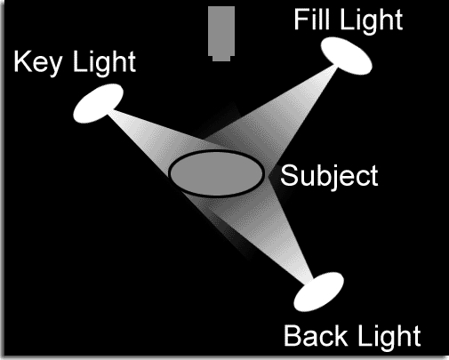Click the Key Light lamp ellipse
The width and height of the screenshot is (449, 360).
(x=98, y=103)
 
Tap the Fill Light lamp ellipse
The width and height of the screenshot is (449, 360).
(x=347, y=56)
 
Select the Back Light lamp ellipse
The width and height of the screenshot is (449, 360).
(x=318, y=292)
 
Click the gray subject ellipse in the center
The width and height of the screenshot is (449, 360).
(x=216, y=173)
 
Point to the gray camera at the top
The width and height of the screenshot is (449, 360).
(x=221, y=34)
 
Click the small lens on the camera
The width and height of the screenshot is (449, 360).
(x=221, y=59)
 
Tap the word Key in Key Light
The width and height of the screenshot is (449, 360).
(x=38, y=63)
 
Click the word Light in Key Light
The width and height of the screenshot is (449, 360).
(x=104, y=61)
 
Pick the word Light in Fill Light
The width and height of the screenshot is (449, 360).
(x=372, y=20)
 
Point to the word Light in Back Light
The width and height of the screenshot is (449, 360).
(x=389, y=337)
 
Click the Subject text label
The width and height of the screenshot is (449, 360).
(x=329, y=176)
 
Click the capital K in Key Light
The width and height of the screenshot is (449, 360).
(x=22, y=61)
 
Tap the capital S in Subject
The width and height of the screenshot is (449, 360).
(x=289, y=175)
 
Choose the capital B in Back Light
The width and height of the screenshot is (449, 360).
(x=293, y=335)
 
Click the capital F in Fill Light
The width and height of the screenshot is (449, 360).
(x=301, y=19)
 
